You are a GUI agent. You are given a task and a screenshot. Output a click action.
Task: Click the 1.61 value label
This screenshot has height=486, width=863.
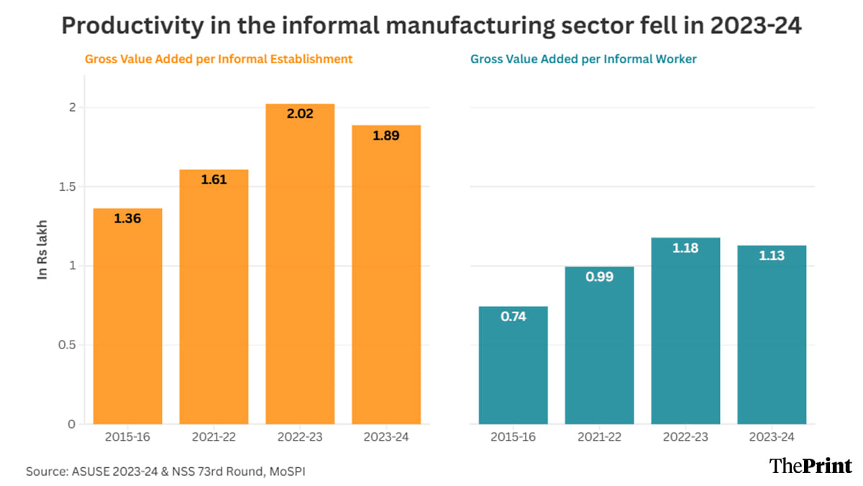pyautogui.click(x=214, y=180)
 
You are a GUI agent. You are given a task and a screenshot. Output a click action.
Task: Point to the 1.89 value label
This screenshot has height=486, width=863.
pyautogui.click(x=386, y=135)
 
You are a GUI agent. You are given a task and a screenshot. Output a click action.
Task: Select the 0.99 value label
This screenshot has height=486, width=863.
pyautogui.click(x=599, y=276)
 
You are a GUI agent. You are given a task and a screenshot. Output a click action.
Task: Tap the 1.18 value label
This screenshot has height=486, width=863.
pyautogui.click(x=685, y=248)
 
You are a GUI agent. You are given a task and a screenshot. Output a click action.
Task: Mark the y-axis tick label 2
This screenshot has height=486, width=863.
pyautogui.click(x=72, y=107)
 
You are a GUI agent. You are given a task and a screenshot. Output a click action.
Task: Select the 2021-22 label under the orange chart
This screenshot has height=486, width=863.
pyautogui.click(x=214, y=437)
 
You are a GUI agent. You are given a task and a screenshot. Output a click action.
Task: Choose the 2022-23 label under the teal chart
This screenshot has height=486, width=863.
pyautogui.click(x=685, y=437)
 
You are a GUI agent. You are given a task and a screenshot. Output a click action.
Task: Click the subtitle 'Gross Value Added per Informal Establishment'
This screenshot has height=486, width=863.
pyautogui.click(x=219, y=59)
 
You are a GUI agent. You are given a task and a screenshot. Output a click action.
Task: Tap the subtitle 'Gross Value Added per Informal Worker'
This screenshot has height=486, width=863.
pyautogui.click(x=583, y=59)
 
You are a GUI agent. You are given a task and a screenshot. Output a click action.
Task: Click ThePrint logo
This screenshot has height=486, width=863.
pyautogui.click(x=811, y=465)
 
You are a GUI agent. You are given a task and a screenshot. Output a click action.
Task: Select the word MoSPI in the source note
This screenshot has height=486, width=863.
pyautogui.click(x=295, y=472)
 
